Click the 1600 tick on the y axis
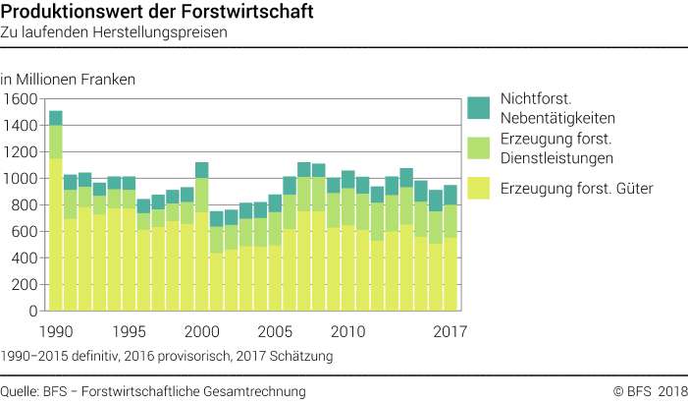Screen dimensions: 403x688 click(20, 99)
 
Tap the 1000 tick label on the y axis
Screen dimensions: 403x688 click(20, 179)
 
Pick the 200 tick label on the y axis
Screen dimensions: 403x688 click(24, 284)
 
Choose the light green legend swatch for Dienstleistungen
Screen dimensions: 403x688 click(478, 148)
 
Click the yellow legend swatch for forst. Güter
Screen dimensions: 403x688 click(478, 189)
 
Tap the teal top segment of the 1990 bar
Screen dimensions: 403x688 click(56, 118)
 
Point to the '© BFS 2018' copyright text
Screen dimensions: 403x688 click(649, 391)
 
